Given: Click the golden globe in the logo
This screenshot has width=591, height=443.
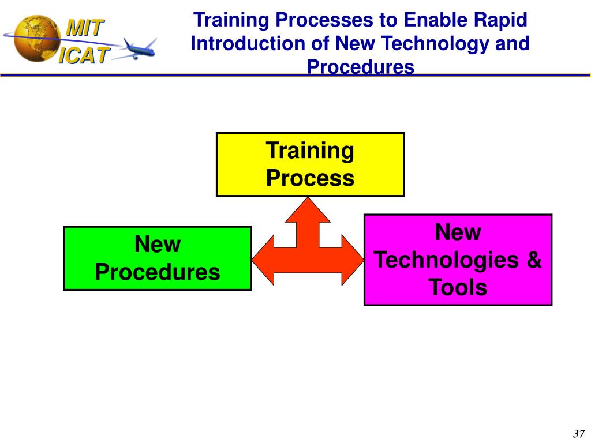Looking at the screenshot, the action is click(37, 39).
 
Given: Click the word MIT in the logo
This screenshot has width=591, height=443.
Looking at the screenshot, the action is click(85, 28).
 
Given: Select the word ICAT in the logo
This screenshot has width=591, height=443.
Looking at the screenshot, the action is click(84, 55).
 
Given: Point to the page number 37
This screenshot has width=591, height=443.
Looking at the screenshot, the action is click(578, 434).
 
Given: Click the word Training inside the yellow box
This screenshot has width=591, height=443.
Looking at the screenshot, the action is click(310, 151).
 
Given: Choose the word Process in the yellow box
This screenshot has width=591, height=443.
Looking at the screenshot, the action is click(310, 178).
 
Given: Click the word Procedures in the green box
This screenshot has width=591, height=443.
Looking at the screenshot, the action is click(158, 272).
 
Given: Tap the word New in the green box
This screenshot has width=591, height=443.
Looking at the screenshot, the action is click(158, 244).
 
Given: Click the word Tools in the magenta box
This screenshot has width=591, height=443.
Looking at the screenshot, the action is click(458, 287).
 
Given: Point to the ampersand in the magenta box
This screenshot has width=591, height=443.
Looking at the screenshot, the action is click(534, 259).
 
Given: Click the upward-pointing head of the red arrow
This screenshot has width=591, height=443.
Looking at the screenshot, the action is click(308, 210).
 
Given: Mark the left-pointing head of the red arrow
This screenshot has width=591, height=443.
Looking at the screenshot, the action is click(263, 260).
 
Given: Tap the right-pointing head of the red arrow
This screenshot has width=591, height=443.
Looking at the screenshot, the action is click(353, 260).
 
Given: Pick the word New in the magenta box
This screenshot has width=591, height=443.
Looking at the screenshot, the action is click(458, 232).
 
